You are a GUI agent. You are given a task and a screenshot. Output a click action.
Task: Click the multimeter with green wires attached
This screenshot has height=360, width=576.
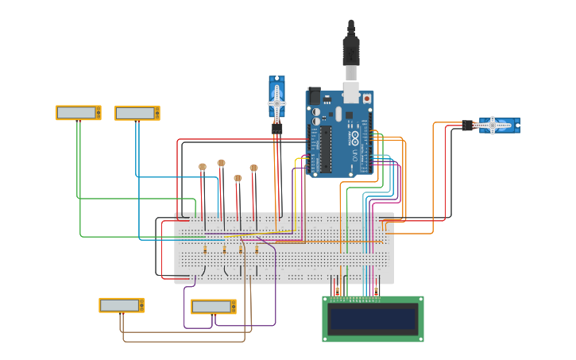coord(78,113)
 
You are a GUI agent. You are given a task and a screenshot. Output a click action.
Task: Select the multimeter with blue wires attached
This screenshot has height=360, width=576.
coord(137,114)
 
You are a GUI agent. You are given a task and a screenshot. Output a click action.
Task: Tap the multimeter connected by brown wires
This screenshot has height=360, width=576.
coord(122,305)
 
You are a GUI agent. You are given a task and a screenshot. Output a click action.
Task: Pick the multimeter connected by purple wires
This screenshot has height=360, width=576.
coord(214,307)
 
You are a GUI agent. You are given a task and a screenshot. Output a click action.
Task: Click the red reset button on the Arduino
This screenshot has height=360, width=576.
coord(366,98)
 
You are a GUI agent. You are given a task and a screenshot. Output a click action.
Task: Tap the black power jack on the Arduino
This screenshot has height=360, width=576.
coord(314,95)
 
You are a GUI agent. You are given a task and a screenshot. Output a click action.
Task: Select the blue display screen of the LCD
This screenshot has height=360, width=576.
coord(373,319)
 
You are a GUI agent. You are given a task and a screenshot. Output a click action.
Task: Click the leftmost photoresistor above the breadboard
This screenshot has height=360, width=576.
coord(203,167)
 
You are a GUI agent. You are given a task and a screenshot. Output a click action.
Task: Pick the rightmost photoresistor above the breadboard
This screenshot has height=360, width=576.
coord(253,168)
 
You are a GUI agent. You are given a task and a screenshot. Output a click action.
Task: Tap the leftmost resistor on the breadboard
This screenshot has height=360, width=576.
coord(206,250)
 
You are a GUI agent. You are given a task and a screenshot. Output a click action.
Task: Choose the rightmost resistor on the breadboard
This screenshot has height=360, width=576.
coord(257,250)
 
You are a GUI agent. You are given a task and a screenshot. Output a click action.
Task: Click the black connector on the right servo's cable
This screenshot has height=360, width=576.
coord(467,125)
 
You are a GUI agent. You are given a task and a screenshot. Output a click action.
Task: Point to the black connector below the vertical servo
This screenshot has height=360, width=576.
coord(276,127)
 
